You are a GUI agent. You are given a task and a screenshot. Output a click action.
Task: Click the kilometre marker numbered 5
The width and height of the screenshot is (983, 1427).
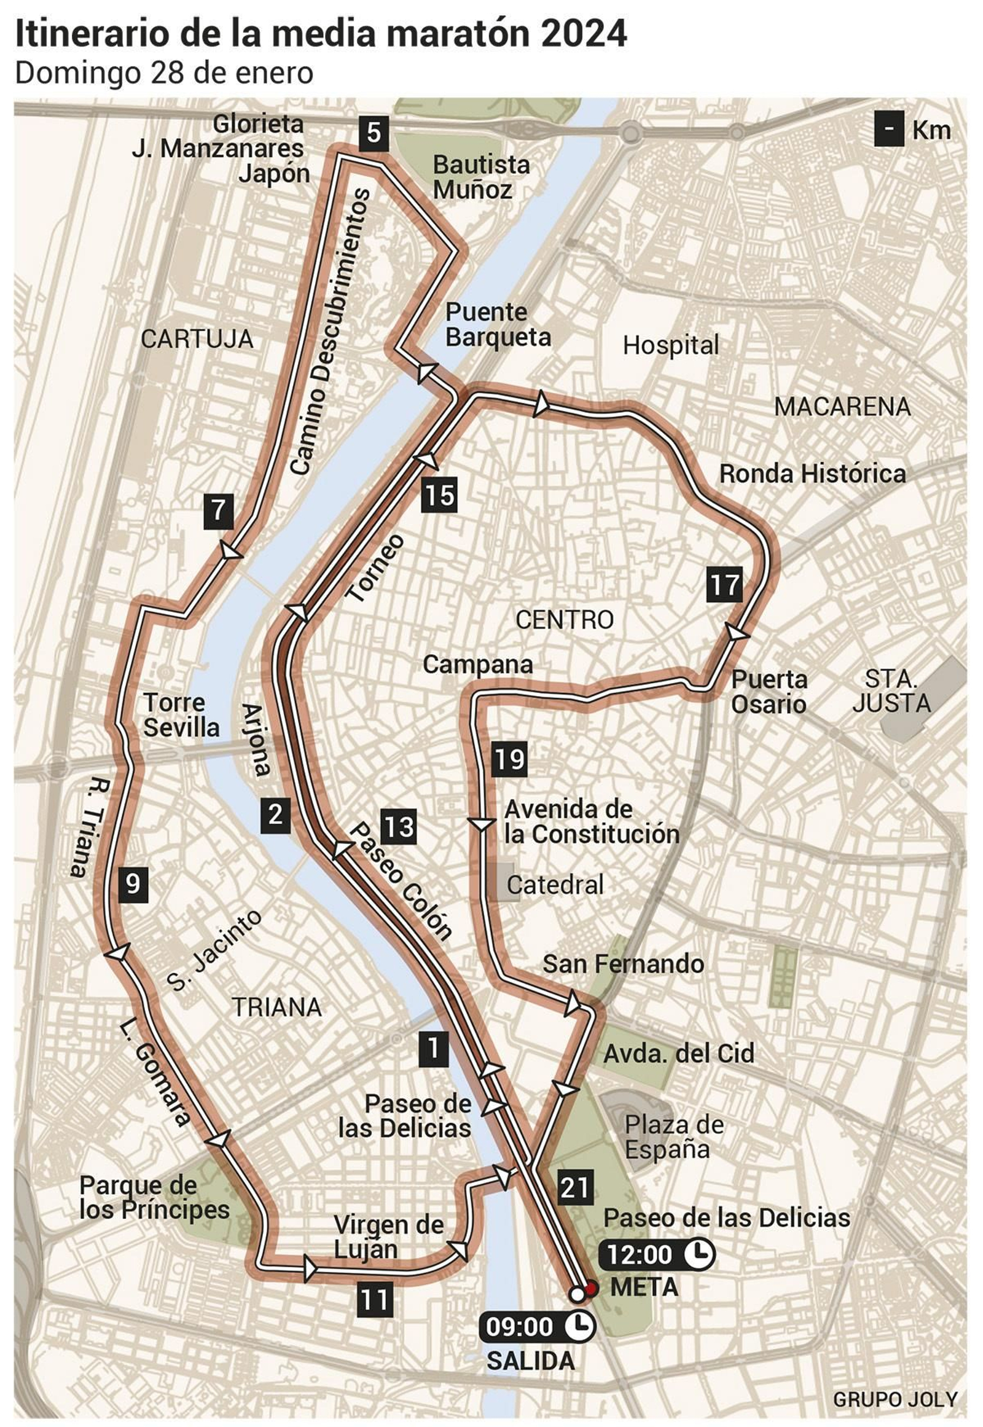coord(374,133)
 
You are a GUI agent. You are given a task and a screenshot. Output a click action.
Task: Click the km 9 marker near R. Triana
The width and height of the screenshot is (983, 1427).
coord(133,885)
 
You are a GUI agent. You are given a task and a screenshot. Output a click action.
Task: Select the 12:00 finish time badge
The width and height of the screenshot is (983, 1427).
coord(658,1254)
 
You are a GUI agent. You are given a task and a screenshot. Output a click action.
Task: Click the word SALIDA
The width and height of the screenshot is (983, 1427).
coord(531,1360)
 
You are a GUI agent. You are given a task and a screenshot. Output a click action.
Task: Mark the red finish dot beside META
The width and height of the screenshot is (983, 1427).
coord(591,1286)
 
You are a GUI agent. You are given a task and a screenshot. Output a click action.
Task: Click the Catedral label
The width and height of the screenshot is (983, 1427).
coord(555,885)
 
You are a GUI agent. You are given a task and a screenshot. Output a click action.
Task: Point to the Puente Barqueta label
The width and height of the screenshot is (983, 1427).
coord(498,324)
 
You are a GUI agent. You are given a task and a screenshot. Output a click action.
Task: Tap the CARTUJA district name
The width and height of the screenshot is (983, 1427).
coord(197,339)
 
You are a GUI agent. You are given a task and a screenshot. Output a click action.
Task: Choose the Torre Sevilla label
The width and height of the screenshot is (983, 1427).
coord(181,715)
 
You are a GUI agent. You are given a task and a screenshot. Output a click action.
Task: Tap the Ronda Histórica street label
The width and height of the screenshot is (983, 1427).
coord(812,474)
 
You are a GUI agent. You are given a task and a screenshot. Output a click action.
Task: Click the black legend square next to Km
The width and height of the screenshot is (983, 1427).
coord(889,130)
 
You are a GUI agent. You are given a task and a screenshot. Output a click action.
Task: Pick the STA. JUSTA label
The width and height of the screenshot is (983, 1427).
coord(891,690)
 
